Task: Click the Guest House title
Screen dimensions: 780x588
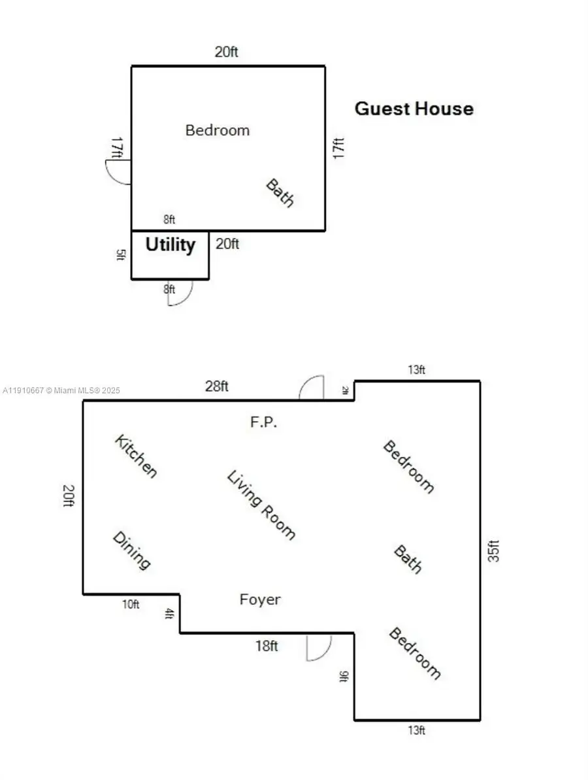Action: click(x=414, y=109)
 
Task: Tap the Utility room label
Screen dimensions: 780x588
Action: click(x=170, y=245)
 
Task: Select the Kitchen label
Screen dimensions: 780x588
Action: click(x=136, y=456)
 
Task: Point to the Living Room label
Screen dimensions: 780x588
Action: click(x=261, y=505)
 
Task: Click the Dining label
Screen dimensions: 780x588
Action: click(x=132, y=551)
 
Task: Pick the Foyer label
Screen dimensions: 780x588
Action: click(x=260, y=600)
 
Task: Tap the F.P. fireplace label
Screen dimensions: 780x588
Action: click(x=264, y=422)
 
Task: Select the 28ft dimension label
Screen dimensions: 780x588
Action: click(x=217, y=386)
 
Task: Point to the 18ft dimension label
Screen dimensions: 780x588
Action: click(x=266, y=646)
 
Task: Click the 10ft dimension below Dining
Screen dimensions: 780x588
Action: click(x=131, y=604)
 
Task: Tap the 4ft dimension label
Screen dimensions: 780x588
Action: click(x=170, y=614)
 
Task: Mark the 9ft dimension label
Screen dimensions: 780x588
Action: click(x=343, y=676)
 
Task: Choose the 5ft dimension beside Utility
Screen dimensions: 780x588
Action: click(x=120, y=254)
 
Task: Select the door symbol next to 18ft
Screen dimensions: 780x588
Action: click(x=319, y=647)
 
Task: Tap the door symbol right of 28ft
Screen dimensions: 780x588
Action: click(x=312, y=388)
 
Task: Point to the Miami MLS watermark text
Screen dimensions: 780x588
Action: click(x=61, y=391)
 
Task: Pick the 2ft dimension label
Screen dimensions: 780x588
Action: click(x=345, y=391)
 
